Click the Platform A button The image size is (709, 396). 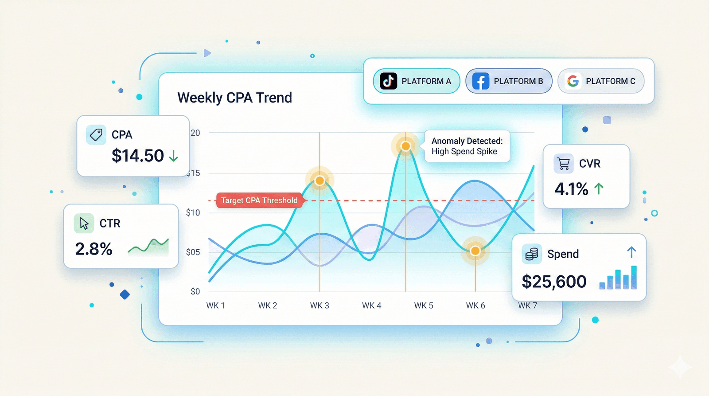pyautogui.click(x=417, y=81)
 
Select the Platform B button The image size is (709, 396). pyautogui.click(x=509, y=81)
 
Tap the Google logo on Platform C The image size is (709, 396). pyautogui.click(x=573, y=81)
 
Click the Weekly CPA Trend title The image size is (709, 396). pyautogui.click(x=234, y=98)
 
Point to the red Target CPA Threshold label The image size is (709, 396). pyautogui.click(x=259, y=200)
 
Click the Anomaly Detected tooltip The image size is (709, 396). pyautogui.click(x=467, y=146)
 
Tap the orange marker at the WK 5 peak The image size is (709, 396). pyautogui.click(x=405, y=146)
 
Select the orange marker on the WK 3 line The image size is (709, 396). pyautogui.click(x=319, y=180)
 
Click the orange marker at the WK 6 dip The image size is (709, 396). pyautogui.click(x=475, y=251)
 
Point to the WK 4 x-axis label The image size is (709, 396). pyautogui.click(x=371, y=306)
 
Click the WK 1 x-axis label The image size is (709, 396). pyautogui.click(x=216, y=306)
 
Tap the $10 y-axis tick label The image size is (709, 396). pyautogui.click(x=193, y=213)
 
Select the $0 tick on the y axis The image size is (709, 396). pyautogui.click(x=195, y=291)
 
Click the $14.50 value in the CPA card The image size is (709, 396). pyautogui.click(x=138, y=156)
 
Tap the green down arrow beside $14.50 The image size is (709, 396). pyautogui.click(x=174, y=156)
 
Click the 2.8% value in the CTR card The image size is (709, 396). pyautogui.click(x=93, y=249)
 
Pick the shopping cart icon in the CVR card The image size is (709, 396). pyautogui.click(x=564, y=164)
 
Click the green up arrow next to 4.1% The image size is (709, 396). pyautogui.click(x=599, y=189)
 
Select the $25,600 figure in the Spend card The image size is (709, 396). pyautogui.click(x=554, y=282)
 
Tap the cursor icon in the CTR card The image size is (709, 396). pyautogui.click(x=84, y=223)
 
